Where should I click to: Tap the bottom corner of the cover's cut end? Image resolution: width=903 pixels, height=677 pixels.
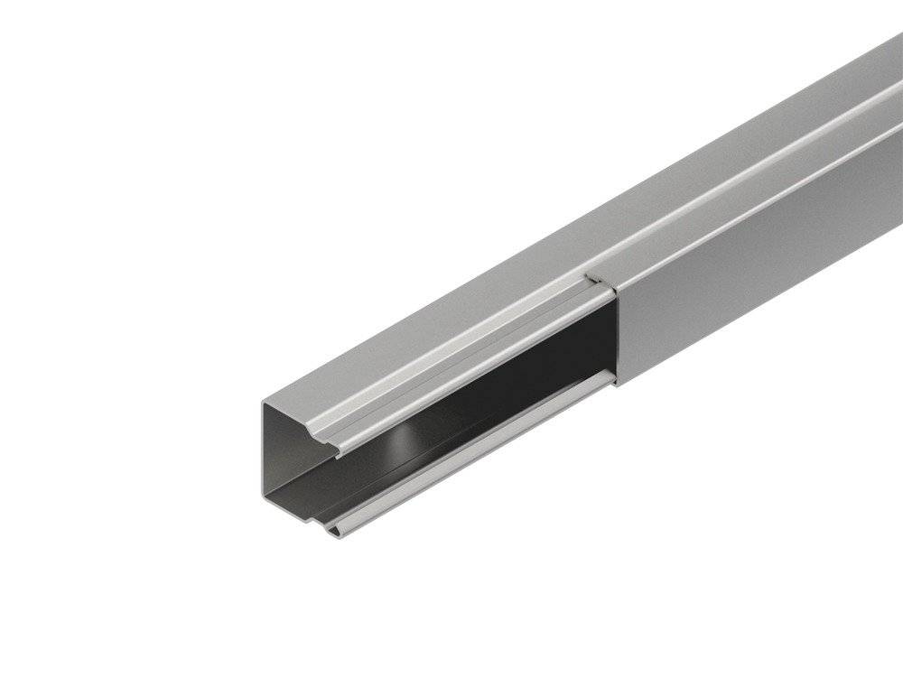(x=618, y=385)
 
